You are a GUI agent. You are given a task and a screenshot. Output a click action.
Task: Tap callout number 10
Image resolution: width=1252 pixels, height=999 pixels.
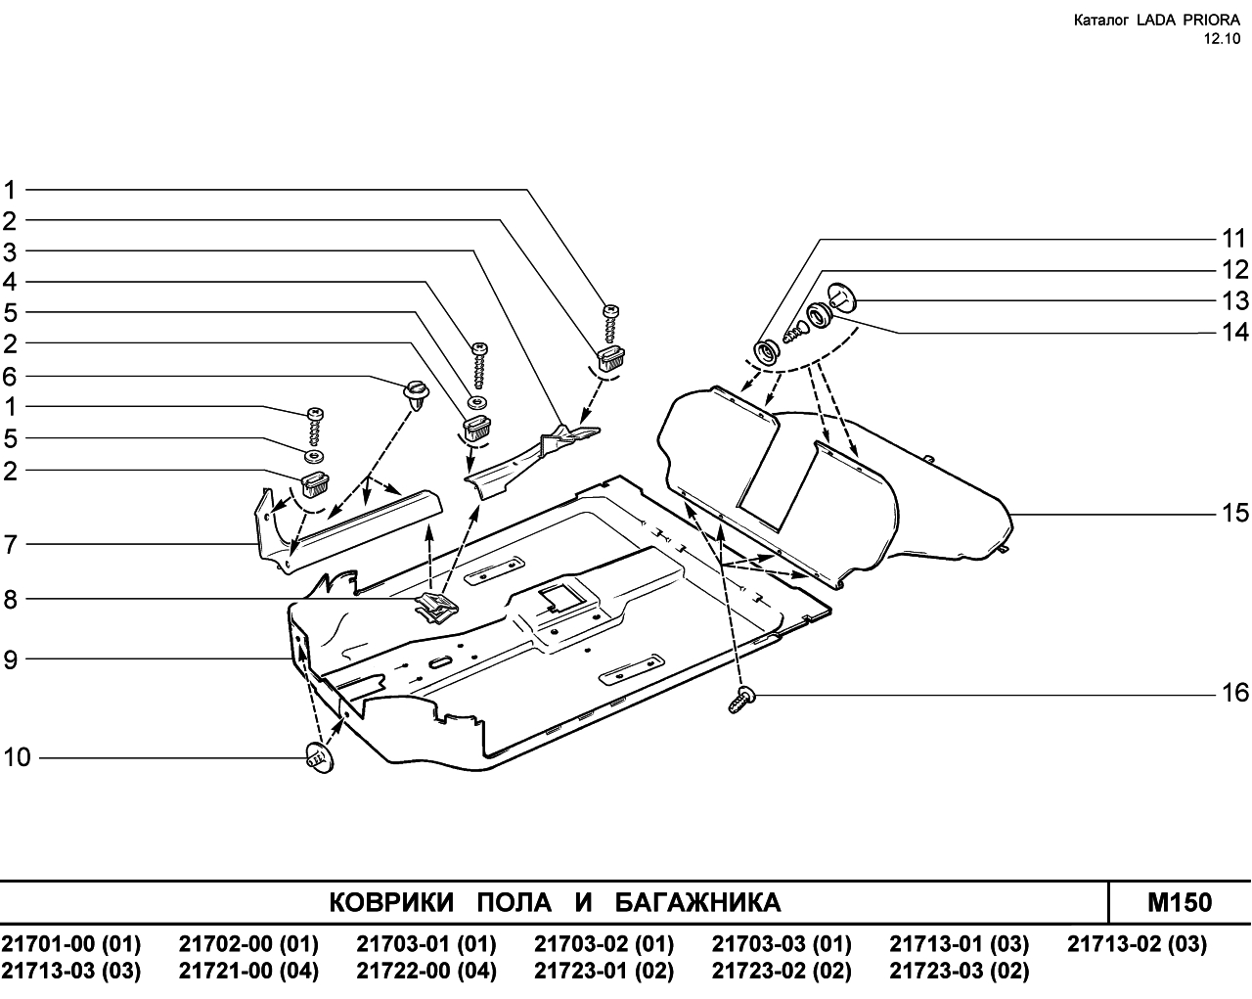click(17, 757)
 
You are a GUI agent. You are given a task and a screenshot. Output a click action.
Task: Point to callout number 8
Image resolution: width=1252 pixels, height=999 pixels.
click(11, 599)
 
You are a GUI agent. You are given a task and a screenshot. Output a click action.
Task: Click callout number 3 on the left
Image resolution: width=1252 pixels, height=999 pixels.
click(10, 252)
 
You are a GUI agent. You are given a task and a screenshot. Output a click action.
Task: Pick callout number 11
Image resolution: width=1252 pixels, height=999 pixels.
click(1234, 239)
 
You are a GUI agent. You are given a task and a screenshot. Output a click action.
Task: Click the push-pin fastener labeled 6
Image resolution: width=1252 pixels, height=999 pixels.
click(417, 394)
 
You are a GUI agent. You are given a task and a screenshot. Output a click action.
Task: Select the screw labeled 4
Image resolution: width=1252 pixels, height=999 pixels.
click(480, 365)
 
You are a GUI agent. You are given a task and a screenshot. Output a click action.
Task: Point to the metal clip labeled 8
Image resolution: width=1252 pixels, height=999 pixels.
click(436, 608)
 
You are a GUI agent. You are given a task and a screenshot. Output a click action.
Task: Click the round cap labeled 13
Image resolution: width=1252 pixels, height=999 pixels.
click(842, 298)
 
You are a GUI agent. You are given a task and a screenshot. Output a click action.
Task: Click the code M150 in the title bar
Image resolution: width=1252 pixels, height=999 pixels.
click(1180, 902)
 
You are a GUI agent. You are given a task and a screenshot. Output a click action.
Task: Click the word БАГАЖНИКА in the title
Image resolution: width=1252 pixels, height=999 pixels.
click(698, 902)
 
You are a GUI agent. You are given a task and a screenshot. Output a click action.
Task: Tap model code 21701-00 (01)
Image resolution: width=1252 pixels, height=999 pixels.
click(71, 943)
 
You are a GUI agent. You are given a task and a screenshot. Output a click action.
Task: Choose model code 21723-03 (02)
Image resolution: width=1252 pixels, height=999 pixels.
click(960, 971)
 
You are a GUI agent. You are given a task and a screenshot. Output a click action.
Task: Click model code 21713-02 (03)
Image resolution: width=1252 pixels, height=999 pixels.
click(1138, 943)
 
